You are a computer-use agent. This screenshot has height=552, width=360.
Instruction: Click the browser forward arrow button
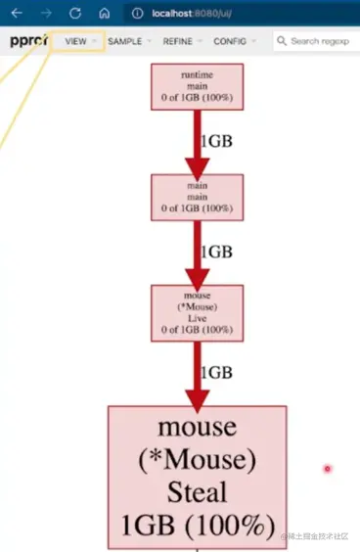(x=45, y=14)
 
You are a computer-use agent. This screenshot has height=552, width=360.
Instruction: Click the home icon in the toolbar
(x=105, y=14)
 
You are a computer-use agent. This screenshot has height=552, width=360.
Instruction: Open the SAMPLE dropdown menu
(x=128, y=41)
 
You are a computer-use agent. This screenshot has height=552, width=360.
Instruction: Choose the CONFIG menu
(x=234, y=41)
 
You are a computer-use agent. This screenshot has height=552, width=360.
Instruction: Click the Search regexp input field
(x=324, y=41)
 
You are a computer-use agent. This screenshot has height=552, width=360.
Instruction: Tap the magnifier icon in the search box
(x=282, y=41)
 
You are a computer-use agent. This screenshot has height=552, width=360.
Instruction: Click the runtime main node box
(x=198, y=86)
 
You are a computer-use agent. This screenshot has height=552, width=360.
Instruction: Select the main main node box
(x=198, y=196)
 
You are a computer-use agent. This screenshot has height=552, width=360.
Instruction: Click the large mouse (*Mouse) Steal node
(x=197, y=476)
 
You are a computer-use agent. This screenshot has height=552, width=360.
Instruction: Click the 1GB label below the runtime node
(x=216, y=141)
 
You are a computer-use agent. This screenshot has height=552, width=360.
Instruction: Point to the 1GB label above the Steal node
(x=216, y=372)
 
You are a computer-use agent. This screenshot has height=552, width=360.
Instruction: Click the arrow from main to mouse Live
(x=198, y=253)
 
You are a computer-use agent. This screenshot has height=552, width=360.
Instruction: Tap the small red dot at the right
(x=327, y=469)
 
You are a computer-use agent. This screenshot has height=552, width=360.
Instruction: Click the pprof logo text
(x=27, y=41)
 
